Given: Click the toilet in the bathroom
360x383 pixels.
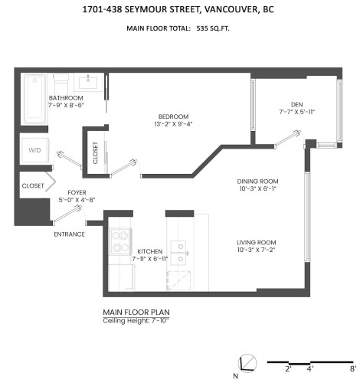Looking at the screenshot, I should (x=61, y=80).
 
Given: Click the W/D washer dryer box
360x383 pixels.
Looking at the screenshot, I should (x=35, y=150).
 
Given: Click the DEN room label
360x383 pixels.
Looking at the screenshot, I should (x=297, y=105).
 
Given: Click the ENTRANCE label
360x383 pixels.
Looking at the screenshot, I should (x=69, y=234).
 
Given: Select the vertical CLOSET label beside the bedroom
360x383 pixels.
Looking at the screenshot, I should (x=95, y=153).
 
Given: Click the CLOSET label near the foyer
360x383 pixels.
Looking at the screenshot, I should (x=33, y=185).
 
